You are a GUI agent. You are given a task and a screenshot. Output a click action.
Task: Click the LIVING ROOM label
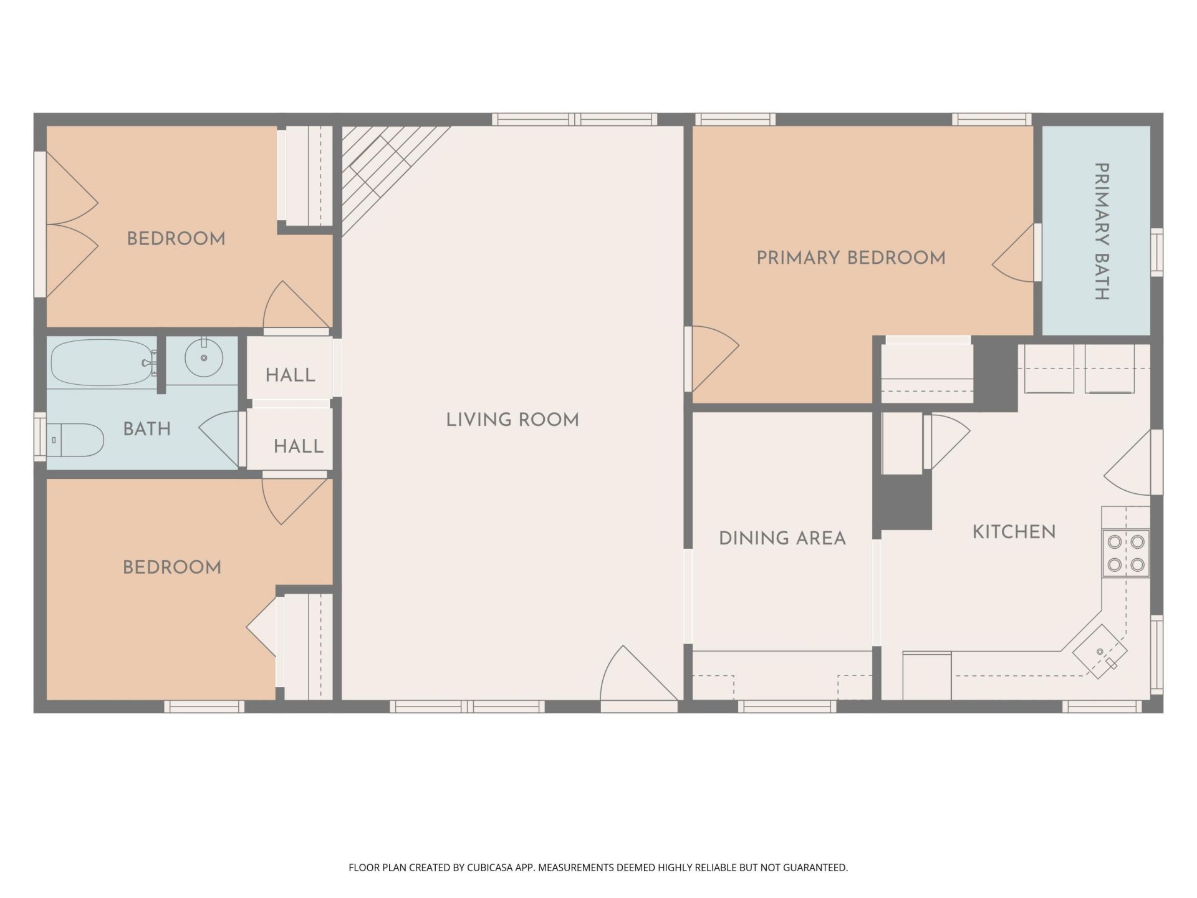pyautogui.click(x=512, y=420)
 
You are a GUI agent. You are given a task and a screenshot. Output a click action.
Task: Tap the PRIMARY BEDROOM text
pyautogui.click(x=851, y=258)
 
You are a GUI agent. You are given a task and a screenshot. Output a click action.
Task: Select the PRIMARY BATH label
pyautogui.click(x=1102, y=231)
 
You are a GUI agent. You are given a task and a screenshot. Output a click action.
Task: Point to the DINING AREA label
pyautogui.click(x=782, y=538)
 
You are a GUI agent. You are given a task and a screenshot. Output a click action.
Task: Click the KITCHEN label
pyautogui.click(x=1014, y=532)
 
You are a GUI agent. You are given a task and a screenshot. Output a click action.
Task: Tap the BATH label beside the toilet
pyautogui.click(x=147, y=429)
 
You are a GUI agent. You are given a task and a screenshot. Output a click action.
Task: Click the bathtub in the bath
pyautogui.click(x=103, y=362)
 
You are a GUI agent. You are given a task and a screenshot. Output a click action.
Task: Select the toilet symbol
pyautogui.click(x=75, y=440)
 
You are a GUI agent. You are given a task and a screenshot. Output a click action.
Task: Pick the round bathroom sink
pyautogui.click(x=203, y=357)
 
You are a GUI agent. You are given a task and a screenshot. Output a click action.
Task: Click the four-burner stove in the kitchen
pyautogui.click(x=1126, y=553)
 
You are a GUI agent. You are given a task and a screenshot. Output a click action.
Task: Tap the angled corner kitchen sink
pyautogui.click(x=1100, y=652)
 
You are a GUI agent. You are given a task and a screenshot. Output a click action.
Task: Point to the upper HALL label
pyautogui.click(x=291, y=375)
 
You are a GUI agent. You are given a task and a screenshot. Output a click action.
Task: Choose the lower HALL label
pyautogui.click(x=299, y=446)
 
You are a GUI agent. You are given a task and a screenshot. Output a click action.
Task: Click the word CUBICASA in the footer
pyautogui.click(x=491, y=867)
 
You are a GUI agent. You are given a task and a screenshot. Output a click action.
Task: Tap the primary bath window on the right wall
pyautogui.click(x=1156, y=252)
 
